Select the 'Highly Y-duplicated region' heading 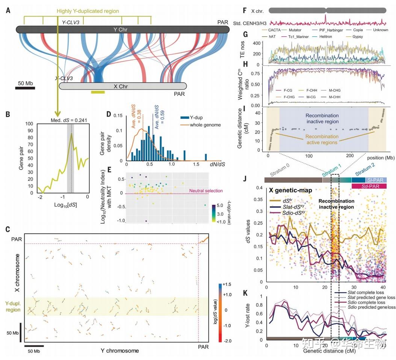pyautogui.click(x=88, y=11)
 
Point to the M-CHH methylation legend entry pyautogui.click(x=339, y=97)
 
